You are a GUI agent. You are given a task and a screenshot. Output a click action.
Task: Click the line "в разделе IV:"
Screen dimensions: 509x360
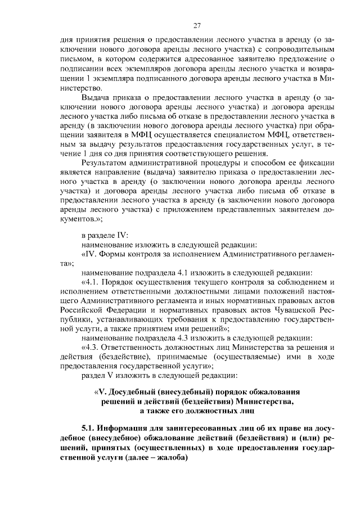point(105,236)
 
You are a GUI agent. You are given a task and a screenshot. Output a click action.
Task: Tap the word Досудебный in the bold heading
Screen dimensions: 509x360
point(132,391)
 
